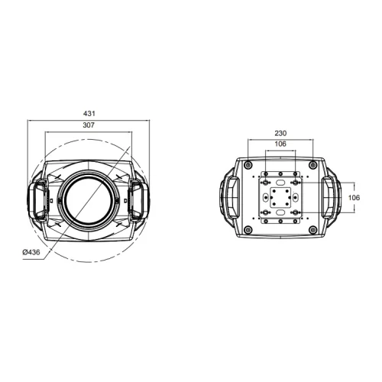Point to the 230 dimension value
tap(280, 132)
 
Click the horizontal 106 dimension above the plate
tap(280, 144)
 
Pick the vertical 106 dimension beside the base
tap(353, 197)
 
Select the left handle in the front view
tap(37, 199)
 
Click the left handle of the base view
tap(230, 198)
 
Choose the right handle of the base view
tap(331, 198)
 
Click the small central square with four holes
tap(280, 198)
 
